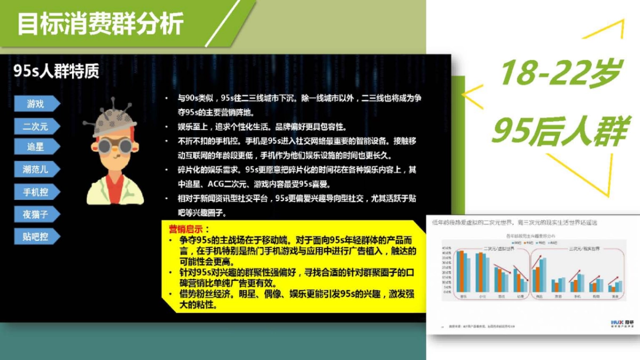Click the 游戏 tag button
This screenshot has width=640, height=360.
tap(36, 104)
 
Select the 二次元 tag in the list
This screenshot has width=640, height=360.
tap(36, 126)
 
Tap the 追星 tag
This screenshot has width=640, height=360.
tap(36, 147)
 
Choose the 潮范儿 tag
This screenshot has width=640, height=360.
tap(36, 170)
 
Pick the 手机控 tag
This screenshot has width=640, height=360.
tap(36, 192)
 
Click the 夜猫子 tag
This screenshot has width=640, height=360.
tap(36, 214)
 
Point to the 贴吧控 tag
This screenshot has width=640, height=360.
tap(36, 236)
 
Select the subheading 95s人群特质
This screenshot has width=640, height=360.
tap(57, 72)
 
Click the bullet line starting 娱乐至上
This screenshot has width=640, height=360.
tap(261, 127)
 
